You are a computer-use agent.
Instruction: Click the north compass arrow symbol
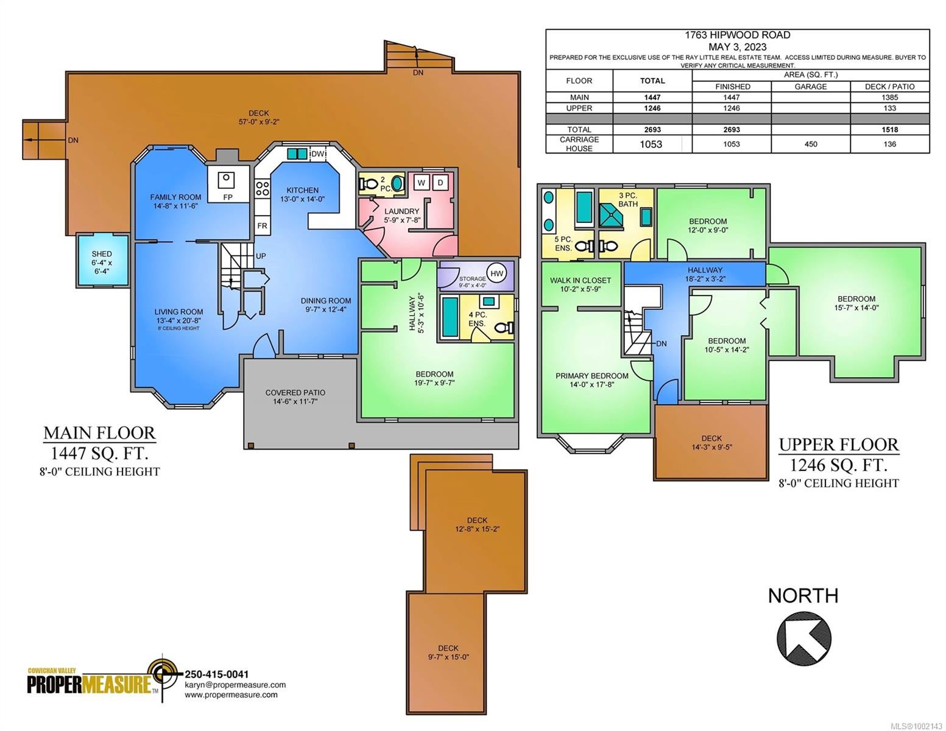pyautogui.click(x=804, y=638)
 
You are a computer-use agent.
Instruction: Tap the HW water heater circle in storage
pyautogui.click(x=496, y=274)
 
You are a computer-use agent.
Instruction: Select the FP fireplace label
pyautogui.click(x=228, y=197)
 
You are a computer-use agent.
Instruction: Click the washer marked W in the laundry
pyautogui.click(x=421, y=183)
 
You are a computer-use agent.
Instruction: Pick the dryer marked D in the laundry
pyautogui.click(x=440, y=183)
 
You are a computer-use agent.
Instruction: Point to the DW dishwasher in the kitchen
pyautogui.click(x=318, y=154)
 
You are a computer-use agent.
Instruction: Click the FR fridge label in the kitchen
pyautogui.click(x=262, y=226)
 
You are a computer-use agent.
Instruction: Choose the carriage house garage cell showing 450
pyautogui.click(x=811, y=144)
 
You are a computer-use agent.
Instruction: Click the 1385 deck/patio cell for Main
pyautogui.click(x=890, y=97)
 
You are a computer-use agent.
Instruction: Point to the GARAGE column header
pyautogui.click(x=811, y=87)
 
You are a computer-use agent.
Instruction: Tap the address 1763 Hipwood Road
pyautogui.click(x=738, y=35)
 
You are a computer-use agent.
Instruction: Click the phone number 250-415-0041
pyautogui.click(x=217, y=674)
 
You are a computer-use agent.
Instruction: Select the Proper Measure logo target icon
pyautogui.click(x=163, y=674)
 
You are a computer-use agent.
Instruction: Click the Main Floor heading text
pyautogui.click(x=99, y=433)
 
